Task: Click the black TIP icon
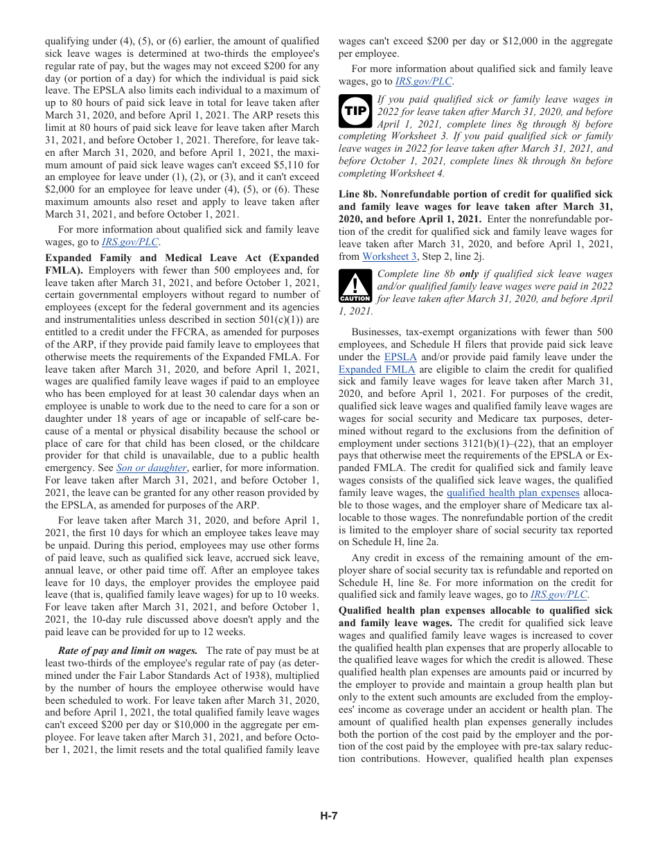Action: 355,111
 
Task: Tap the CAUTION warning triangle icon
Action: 355,287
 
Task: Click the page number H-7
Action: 329,816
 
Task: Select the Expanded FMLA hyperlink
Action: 377,369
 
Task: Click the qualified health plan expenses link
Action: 513,492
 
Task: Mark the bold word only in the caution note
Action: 469,274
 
